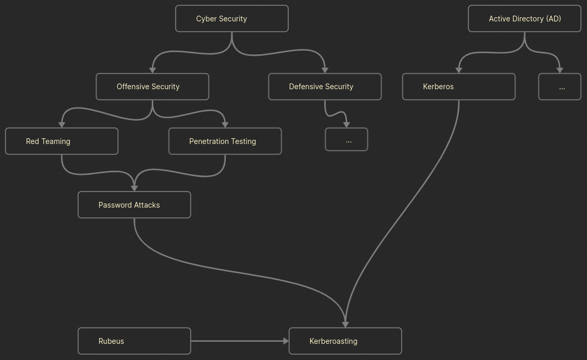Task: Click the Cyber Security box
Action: tap(231, 19)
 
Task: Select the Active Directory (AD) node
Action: tap(524, 19)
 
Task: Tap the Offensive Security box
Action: tap(152, 87)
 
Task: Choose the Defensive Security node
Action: tap(324, 87)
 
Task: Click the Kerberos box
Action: tap(458, 87)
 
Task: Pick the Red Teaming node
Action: tap(62, 141)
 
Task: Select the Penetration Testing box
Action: tap(225, 141)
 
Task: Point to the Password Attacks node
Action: tap(134, 205)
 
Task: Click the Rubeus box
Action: tap(134, 341)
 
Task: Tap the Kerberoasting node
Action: tap(345, 341)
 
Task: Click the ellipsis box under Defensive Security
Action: tap(346, 140)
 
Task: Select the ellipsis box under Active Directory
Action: tap(559, 87)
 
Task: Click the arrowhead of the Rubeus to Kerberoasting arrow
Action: tap(286, 341)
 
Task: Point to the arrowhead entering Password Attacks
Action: tap(134, 188)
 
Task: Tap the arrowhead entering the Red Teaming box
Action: tap(62, 125)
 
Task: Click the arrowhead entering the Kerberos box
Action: tap(459, 70)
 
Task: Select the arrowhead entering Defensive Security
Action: tap(325, 70)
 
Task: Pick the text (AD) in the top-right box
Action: tap(553, 19)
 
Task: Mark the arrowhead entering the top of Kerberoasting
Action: tap(345, 325)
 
